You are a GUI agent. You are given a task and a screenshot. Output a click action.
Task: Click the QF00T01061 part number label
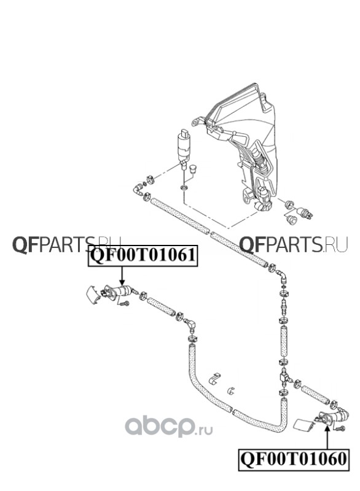pos(143,255)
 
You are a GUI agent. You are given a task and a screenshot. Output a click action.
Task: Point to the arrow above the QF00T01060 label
pos(327,438)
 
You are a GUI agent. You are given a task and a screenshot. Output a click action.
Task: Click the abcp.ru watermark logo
pos(169,427)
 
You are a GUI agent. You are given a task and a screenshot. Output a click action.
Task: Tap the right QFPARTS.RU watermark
pos(294,244)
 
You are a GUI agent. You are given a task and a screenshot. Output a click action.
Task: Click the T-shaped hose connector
pos(285,377)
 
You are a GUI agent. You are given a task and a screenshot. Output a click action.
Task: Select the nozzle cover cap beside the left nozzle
pos(92,295)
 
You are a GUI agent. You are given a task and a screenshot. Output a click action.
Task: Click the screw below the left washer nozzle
pos(125,303)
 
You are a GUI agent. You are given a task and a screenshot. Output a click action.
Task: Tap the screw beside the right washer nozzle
pos(340,428)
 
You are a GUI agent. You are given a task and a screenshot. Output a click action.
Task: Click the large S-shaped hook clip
pos(214,378)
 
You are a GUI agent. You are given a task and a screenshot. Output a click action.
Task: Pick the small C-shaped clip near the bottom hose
pos(231,390)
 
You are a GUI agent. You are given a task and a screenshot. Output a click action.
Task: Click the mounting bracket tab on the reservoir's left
pos(197,122)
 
